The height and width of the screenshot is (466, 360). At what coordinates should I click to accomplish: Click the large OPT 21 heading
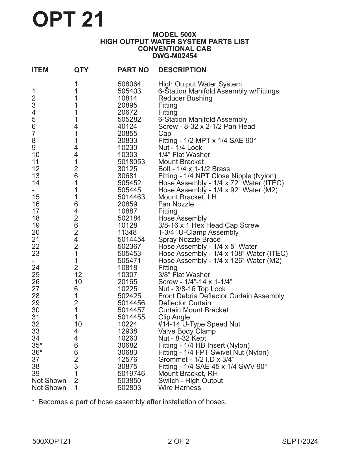click(x=68, y=19)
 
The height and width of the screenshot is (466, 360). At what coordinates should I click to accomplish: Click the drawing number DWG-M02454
click(x=174, y=56)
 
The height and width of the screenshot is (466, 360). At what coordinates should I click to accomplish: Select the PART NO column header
click(x=133, y=70)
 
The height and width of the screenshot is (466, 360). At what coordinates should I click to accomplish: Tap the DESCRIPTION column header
click(x=182, y=70)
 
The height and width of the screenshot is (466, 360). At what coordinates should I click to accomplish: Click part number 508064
click(x=129, y=84)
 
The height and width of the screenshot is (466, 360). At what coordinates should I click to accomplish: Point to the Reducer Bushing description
click(x=185, y=98)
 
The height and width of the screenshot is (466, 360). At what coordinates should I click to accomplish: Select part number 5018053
click(x=131, y=162)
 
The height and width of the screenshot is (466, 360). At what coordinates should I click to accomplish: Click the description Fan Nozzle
click(x=176, y=204)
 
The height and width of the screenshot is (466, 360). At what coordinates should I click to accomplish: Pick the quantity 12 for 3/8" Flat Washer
click(x=78, y=275)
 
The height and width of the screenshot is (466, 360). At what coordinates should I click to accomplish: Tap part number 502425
click(x=129, y=296)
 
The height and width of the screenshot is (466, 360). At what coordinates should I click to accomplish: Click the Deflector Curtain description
click(x=184, y=303)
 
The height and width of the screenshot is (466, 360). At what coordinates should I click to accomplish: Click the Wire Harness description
click(x=179, y=388)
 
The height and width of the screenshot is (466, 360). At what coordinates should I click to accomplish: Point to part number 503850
click(x=129, y=381)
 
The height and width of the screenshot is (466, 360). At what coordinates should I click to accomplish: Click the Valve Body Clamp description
click(x=187, y=331)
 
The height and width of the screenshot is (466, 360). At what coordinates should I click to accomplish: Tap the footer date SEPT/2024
click(x=300, y=441)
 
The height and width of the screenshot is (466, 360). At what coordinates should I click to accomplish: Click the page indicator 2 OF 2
click(x=178, y=441)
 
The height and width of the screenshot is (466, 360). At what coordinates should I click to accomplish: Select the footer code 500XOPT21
click(x=51, y=441)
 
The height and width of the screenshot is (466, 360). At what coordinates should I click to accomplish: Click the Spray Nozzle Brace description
click(x=189, y=239)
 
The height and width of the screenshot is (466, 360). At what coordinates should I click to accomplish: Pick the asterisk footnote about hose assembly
click(x=129, y=402)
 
